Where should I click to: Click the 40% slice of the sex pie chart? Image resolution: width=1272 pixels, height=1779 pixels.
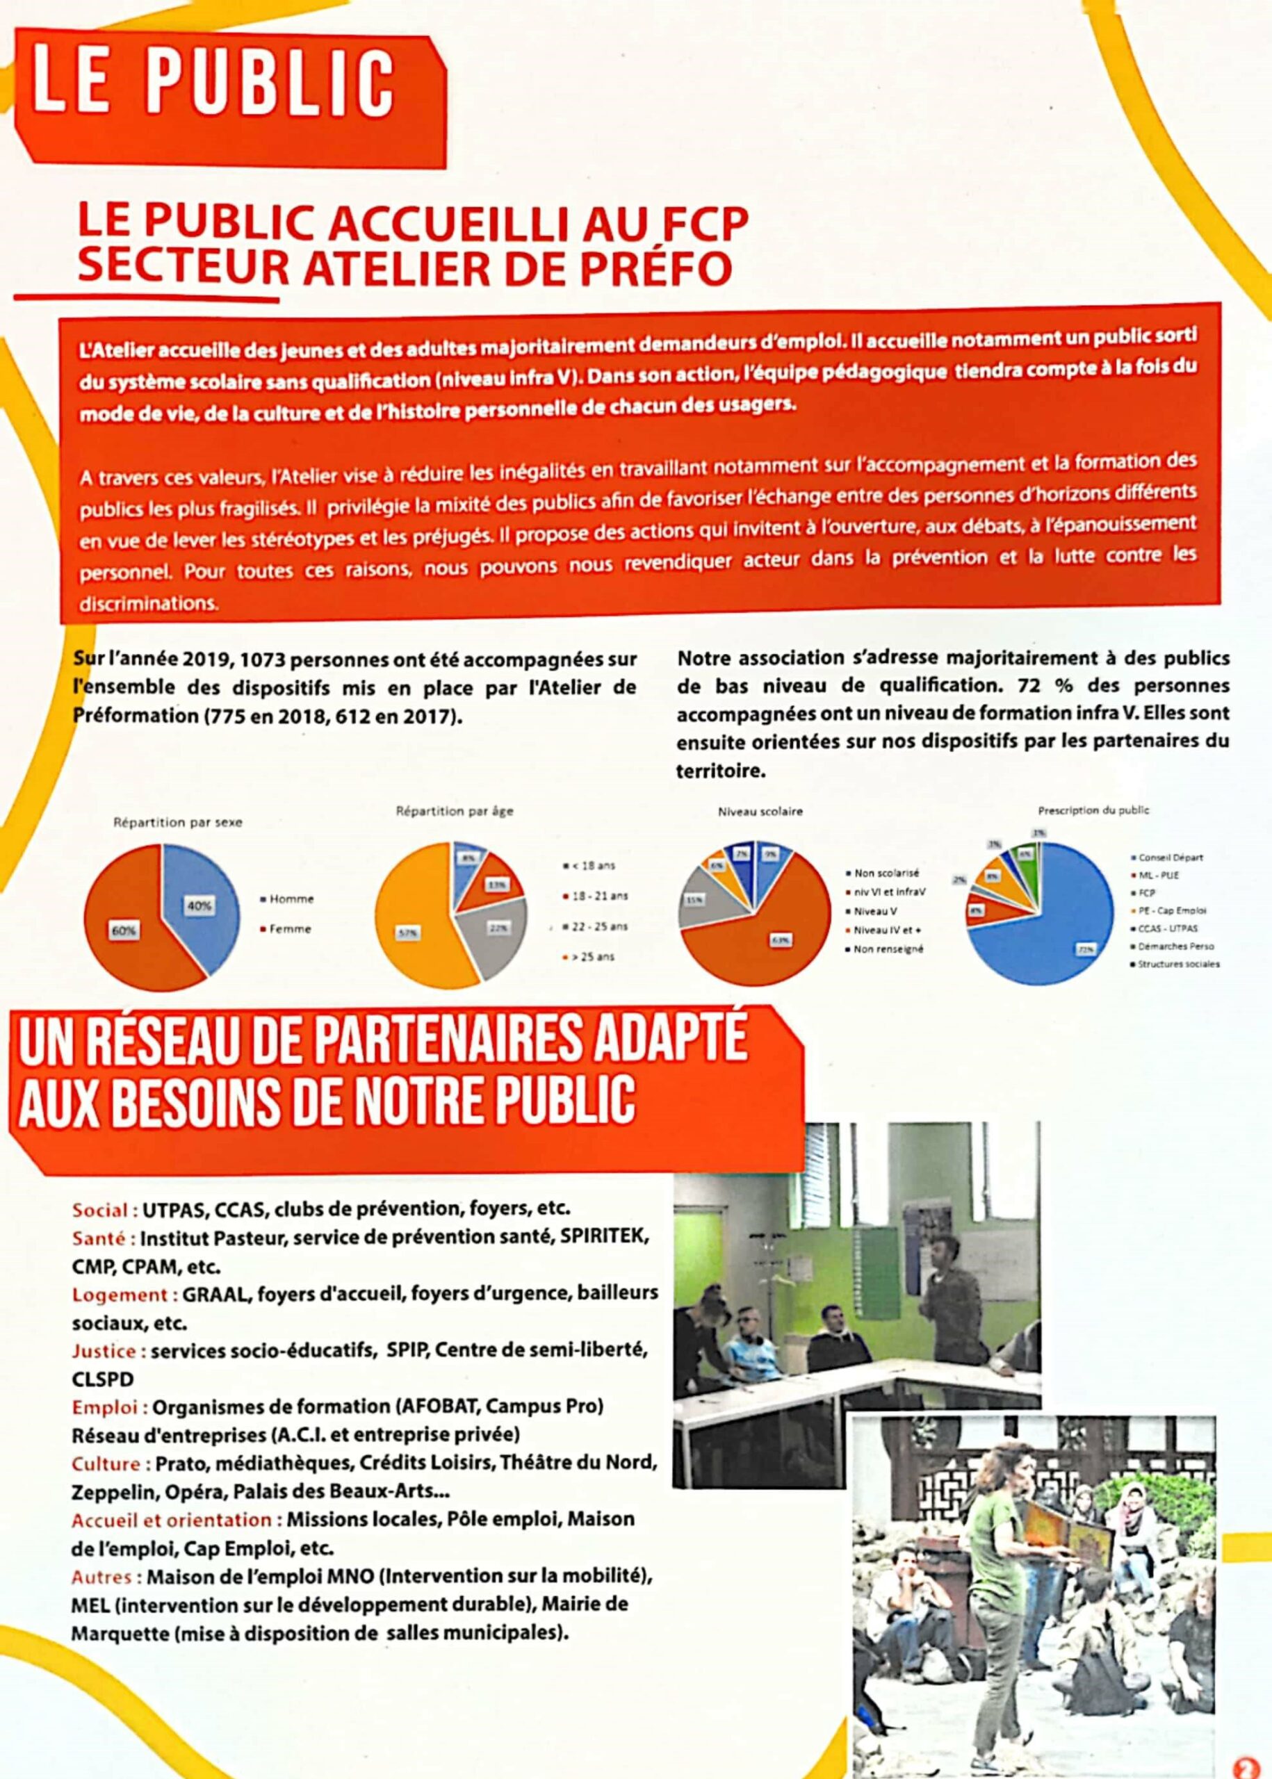pyautogui.click(x=199, y=901)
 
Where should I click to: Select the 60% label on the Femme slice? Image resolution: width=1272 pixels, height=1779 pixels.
pyautogui.click(x=124, y=931)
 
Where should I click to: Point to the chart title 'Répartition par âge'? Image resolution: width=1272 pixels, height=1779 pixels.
pyautogui.click(x=455, y=811)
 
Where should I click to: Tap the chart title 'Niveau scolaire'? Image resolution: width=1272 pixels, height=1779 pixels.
pyautogui.click(x=760, y=812)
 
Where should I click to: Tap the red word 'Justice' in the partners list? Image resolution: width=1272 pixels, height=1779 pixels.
pyautogui.click(x=105, y=1352)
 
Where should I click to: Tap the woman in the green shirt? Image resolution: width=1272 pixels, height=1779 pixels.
pyautogui.click(x=995, y=1605)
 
